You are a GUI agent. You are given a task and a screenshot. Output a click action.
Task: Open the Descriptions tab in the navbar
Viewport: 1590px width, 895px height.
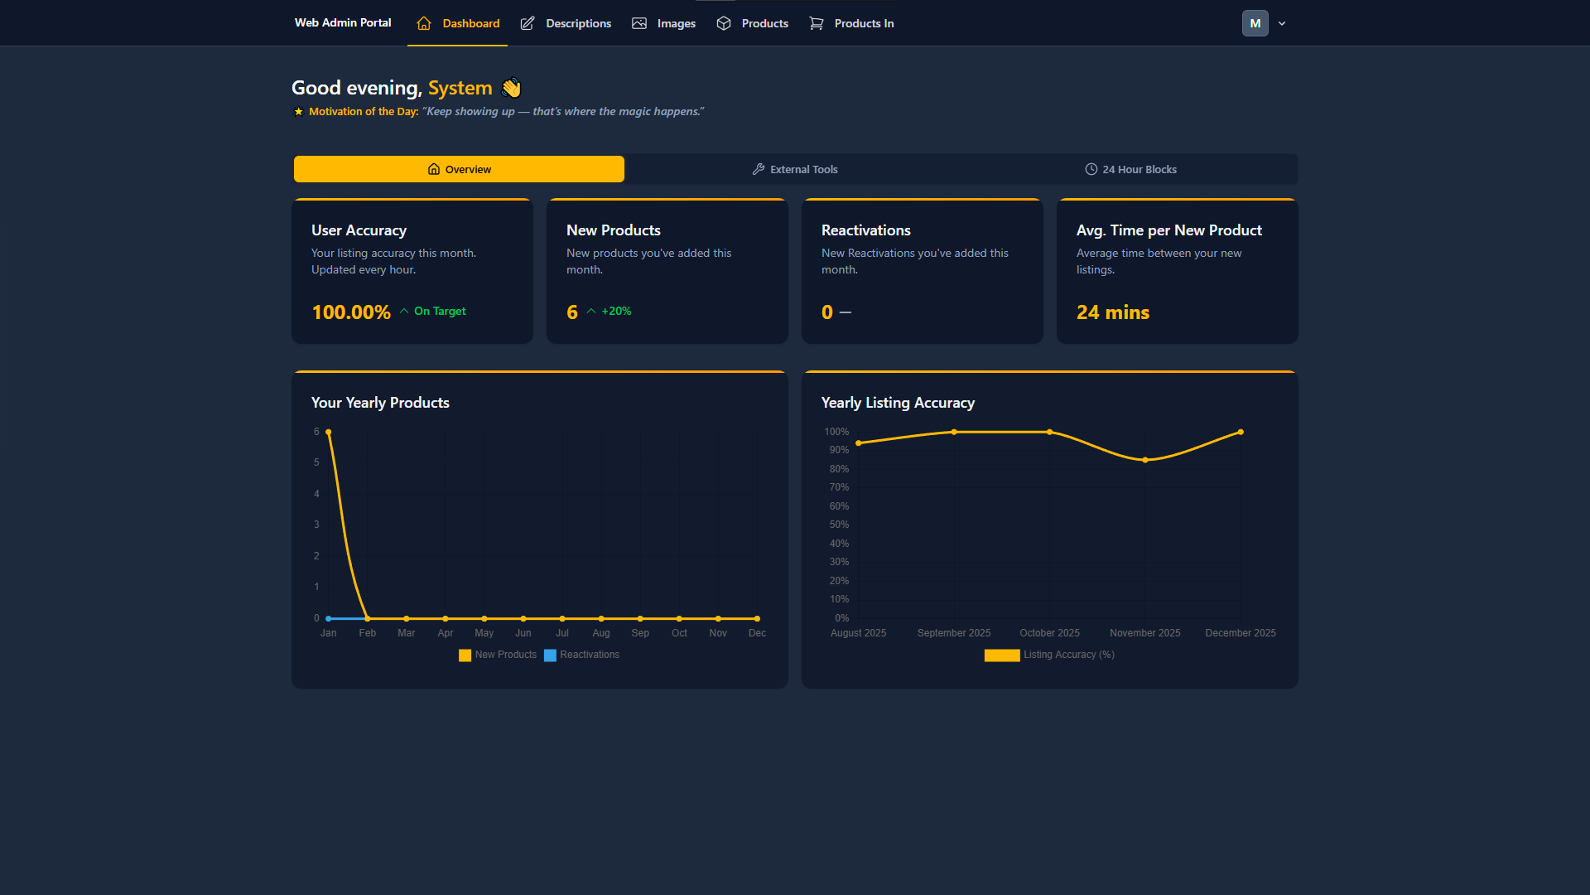[x=566, y=23]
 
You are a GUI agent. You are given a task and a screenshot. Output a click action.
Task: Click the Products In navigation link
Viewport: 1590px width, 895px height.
[x=852, y=23]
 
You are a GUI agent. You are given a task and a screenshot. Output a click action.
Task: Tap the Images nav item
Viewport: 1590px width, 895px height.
[x=664, y=23]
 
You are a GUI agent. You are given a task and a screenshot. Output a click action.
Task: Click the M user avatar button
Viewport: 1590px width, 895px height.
[x=1255, y=23]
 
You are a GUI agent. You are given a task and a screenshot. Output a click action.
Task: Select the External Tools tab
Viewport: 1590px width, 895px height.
[x=795, y=169]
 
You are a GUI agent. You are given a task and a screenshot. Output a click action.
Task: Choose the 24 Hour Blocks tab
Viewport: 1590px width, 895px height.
[x=1130, y=169]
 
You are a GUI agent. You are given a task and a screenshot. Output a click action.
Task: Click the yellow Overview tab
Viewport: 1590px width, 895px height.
[x=459, y=169]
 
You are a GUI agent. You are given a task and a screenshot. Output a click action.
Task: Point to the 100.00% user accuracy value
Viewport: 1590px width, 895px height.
[x=351, y=312]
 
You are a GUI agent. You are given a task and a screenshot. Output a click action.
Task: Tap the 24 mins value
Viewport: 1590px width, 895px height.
[x=1112, y=312]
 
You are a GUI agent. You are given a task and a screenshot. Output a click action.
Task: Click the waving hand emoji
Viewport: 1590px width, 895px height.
[x=512, y=88]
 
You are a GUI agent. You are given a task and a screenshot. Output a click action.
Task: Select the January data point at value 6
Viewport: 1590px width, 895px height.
[x=329, y=432]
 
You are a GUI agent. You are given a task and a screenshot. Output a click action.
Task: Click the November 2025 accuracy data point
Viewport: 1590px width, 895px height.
[x=1145, y=460]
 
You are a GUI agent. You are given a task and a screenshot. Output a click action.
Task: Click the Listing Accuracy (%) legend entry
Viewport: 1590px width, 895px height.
[x=1049, y=655]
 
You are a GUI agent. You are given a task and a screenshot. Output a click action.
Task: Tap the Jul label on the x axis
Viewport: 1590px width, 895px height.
[x=562, y=633]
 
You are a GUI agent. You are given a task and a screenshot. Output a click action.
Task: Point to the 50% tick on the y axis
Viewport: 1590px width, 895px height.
[x=839, y=525]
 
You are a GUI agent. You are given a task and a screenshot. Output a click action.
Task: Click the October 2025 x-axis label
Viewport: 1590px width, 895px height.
[x=1049, y=633]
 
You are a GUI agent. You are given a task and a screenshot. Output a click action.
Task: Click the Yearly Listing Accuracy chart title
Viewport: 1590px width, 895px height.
[x=898, y=403]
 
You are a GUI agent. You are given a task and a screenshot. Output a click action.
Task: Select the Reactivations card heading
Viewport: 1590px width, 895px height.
[x=865, y=230]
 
